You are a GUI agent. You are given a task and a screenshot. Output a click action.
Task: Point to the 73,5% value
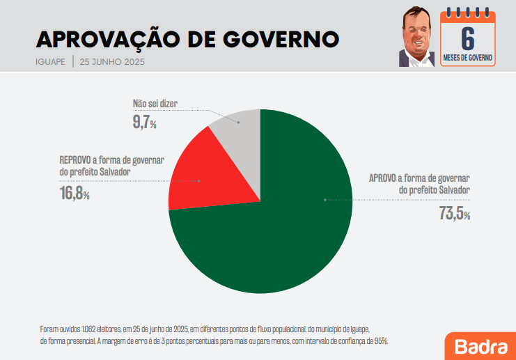coord(454,214)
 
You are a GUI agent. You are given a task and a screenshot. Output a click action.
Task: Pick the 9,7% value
coord(144,123)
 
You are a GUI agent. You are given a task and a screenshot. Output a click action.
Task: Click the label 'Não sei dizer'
coord(155,104)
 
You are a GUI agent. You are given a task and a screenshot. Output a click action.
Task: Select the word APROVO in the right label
coord(384,178)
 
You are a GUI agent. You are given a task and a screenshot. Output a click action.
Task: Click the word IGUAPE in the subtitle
coord(50,61)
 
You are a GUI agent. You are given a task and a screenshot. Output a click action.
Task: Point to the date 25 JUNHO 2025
coord(112,61)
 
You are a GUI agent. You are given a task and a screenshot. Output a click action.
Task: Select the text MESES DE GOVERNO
coord(468,57)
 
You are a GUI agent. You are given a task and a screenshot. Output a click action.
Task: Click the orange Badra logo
coord(480,345)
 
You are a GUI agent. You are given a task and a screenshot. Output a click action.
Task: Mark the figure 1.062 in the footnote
coord(90,329)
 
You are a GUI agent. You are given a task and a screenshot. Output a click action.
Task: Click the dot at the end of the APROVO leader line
coord(325,200)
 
